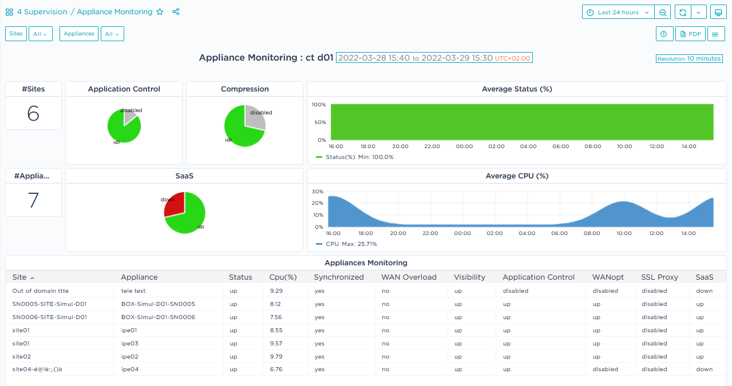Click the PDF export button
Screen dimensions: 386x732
(x=690, y=34)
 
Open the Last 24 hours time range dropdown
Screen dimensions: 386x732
(x=618, y=12)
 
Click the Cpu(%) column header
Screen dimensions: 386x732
(x=283, y=277)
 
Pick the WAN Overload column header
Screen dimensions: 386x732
(x=409, y=277)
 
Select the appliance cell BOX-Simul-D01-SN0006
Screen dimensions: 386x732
(x=158, y=317)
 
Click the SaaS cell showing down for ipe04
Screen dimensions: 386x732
(x=704, y=369)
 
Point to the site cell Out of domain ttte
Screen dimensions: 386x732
(x=40, y=291)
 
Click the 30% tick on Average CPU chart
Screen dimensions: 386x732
(x=317, y=192)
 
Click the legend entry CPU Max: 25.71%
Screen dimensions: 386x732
(x=346, y=244)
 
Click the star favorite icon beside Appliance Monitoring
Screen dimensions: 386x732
(x=160, y=12)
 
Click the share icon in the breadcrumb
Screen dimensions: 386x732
(x=176, y=12)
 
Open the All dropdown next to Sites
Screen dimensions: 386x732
(x=41, y=34)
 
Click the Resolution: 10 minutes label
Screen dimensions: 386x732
(x=689, y=58)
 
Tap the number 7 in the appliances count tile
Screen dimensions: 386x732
(x=33, y=200)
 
